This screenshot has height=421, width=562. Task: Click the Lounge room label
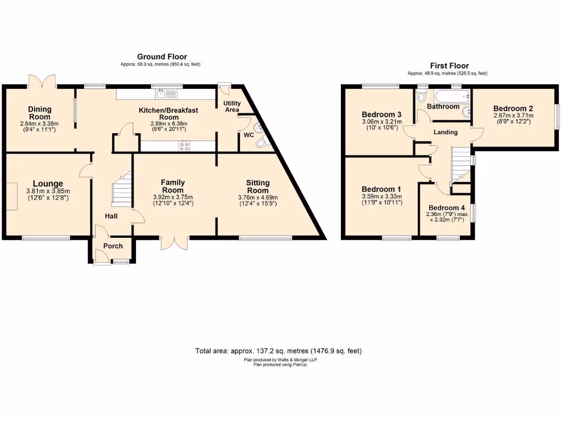click(x=47, y=184)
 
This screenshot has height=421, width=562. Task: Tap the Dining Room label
click(x=40, y=113)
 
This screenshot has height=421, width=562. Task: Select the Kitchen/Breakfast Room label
click(x=168, y=113)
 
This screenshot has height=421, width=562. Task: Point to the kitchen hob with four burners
click(x=184, y=146)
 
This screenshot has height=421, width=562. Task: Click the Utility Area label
click(x=231, y=106)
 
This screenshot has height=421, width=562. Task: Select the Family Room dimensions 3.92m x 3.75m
click(x=172, y=197)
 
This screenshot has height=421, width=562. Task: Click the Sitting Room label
click(x=257, y=187)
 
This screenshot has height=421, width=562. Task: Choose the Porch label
click(x=113, y=246)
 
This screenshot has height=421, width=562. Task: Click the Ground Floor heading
click(x=162, y=56)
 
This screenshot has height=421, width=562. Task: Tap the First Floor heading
click(x=449, y=66)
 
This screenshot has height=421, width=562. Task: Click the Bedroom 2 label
click(x=513, y=108)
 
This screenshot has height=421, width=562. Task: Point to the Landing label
click(x=446, y=132)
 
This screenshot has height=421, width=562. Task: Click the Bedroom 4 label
click(x=447, y=208)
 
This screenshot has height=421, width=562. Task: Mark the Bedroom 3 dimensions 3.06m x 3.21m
click(x=381, y=121)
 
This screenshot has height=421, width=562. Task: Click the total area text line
click(x=278, y=351)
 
